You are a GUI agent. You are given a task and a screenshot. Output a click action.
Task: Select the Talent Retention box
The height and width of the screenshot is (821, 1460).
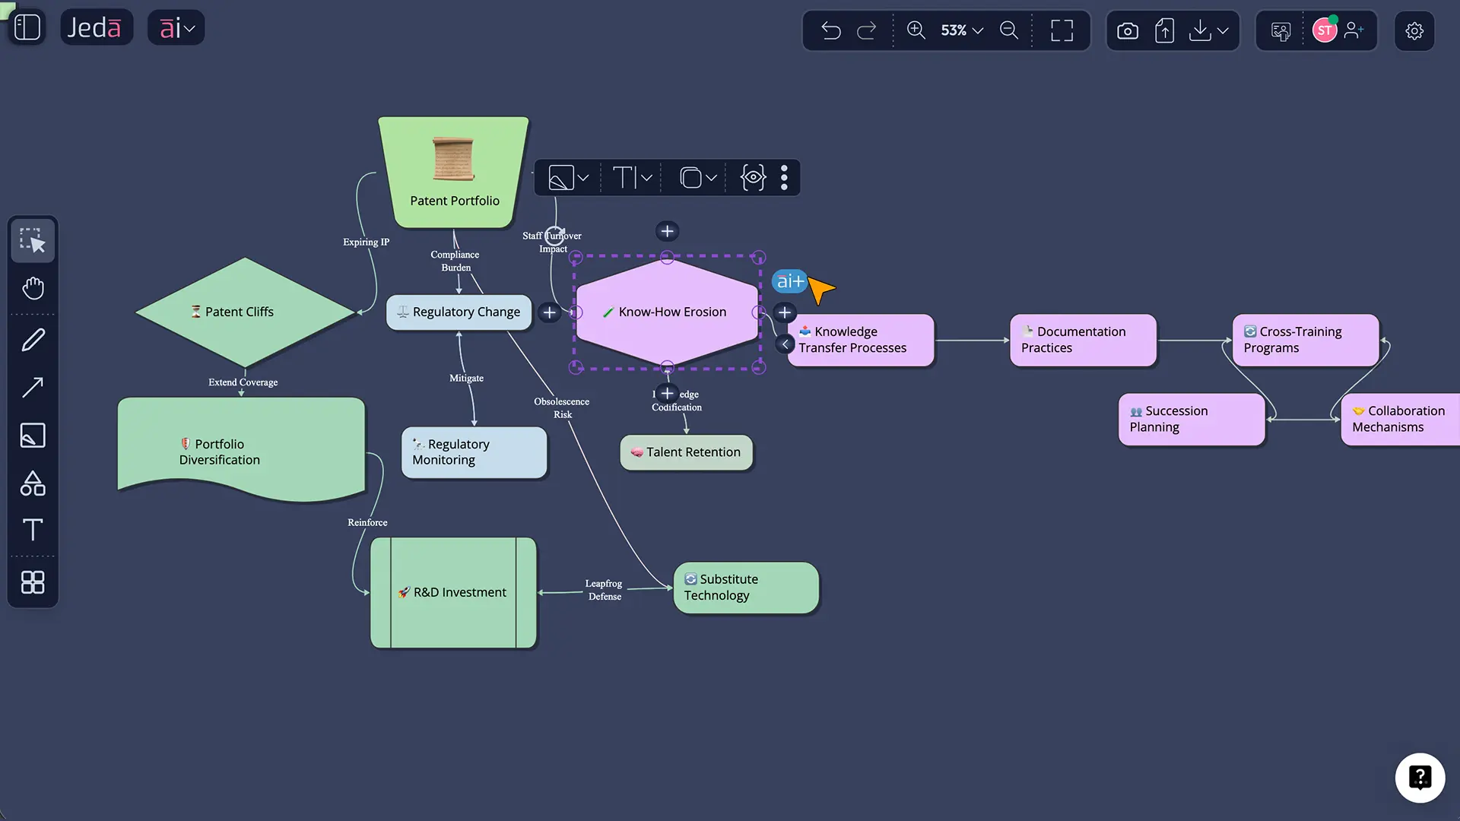686,452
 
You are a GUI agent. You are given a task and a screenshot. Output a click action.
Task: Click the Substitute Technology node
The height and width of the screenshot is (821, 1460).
745,588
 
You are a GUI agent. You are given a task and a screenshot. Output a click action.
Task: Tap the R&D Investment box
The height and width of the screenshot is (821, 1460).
453,593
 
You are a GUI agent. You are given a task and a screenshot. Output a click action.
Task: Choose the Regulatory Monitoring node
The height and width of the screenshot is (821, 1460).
474,452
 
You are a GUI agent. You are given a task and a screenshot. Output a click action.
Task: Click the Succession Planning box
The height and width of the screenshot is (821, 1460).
1191,420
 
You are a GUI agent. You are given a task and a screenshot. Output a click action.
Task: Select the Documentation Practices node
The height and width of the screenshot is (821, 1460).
1082,340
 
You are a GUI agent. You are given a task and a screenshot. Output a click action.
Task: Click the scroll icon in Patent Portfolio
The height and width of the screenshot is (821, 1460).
453,159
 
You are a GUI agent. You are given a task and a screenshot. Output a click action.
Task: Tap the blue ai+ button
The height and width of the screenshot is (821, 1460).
789,281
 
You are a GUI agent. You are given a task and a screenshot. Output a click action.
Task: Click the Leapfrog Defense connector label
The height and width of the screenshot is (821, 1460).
604,590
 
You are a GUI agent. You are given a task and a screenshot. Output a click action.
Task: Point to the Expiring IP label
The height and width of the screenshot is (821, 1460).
366,242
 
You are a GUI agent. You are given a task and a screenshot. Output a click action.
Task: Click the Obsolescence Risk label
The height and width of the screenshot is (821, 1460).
562,408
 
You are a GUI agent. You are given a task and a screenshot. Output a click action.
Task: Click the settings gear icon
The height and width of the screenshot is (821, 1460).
1414,30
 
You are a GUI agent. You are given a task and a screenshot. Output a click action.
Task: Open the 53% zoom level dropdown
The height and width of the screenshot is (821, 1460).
962,30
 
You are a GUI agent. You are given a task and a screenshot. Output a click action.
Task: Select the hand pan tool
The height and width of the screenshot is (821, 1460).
33,288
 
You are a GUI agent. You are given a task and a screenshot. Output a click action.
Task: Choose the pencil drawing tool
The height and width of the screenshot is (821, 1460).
33,340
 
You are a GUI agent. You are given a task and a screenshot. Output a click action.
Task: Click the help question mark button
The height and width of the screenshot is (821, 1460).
1419,778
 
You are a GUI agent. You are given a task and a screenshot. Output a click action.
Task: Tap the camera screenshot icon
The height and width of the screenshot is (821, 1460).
1127,30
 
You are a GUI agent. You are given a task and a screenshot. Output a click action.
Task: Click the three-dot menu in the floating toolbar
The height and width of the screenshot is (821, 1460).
784,178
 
